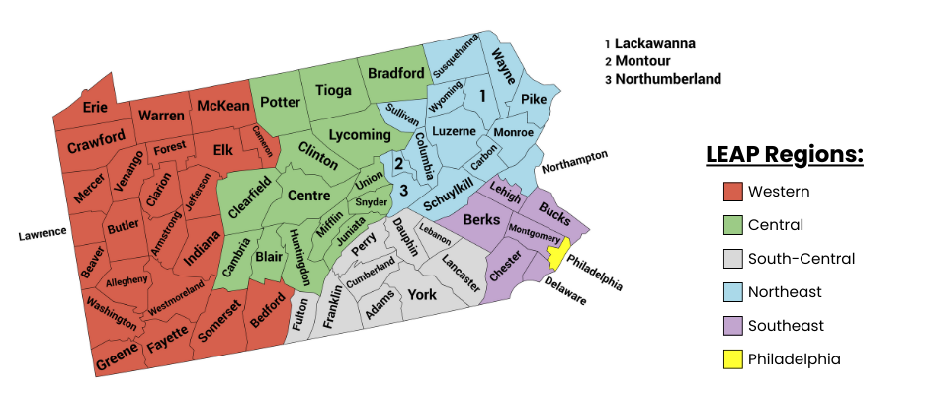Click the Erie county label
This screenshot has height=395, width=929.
point(95,107)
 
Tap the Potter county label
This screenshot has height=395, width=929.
point(280,102)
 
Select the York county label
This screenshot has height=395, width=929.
point(422,294)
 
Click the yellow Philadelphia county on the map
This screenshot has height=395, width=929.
point(555,257)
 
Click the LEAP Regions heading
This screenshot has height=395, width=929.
point(785,155)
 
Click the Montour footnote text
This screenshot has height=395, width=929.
point(648,61)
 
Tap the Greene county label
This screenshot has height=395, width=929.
point(117,362)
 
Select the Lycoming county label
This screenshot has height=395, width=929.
point(360,134)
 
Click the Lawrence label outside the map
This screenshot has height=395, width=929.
point(42,233)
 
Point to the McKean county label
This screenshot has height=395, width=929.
point(222,105)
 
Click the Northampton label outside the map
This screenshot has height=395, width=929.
point(574,161)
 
